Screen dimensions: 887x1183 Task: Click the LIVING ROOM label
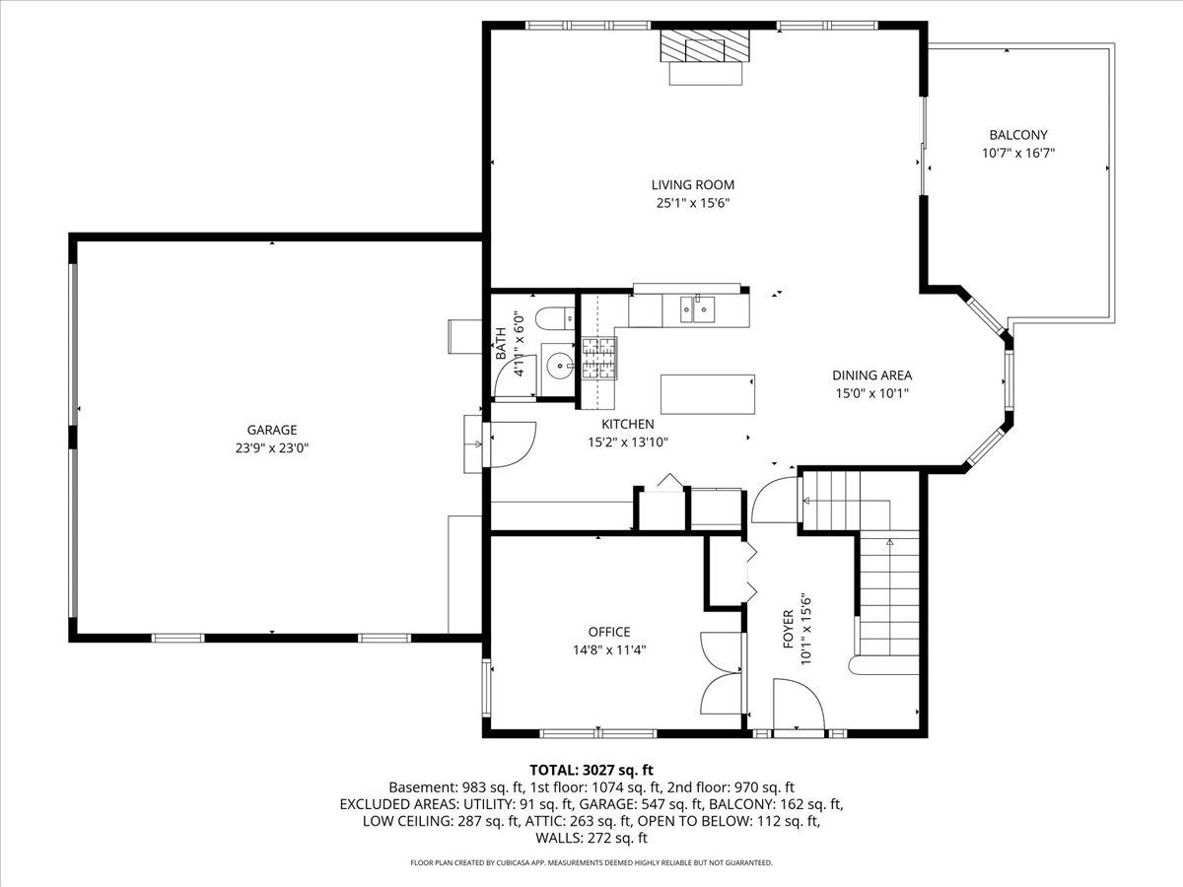(692, 184)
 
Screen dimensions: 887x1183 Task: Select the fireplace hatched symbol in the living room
(704, 45)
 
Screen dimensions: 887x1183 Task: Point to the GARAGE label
(272, 430)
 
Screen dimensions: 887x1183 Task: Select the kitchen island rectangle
(707, 394)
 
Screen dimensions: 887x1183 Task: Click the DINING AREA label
(871, 375)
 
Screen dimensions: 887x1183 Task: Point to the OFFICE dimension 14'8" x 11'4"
(609, 649)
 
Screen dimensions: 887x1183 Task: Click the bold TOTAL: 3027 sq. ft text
(591, 769)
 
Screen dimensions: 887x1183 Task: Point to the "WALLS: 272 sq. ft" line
(591, 839)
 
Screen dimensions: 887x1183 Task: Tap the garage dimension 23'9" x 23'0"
(272, 447)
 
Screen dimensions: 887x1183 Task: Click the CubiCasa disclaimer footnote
(591, 862)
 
